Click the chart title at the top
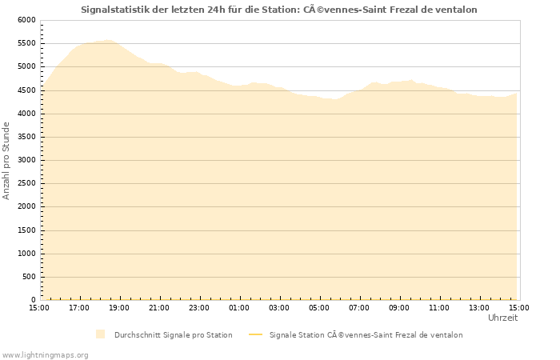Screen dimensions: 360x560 tap(279, 10)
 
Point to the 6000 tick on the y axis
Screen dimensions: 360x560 tap(26, 20)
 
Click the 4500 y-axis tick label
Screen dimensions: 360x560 tap(26, 90)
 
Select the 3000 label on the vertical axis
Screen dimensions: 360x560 tap(26, 160)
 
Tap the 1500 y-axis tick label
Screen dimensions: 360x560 tap(26, 230)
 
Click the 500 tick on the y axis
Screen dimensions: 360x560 tap(30, 277)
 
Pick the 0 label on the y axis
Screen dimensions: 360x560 tap(33, 300)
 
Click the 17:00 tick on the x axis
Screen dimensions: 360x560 tap(79, 308)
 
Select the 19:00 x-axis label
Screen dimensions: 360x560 tap(119, 308)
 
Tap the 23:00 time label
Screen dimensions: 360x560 tap(199, 308)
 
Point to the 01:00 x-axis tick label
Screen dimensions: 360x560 tap(239, 308)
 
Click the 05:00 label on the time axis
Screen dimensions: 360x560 tap(319, 308)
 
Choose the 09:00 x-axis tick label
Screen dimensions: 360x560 tap(399, 308)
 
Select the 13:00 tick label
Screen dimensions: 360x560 tap(479, 308)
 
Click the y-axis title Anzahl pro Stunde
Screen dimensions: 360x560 tap(7, 160)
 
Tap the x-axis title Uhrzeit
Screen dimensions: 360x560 tap(502, 318)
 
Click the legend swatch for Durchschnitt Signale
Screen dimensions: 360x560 tap(100, 334)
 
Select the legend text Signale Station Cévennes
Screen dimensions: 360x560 tap(366, 335)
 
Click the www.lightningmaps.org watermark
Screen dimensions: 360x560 tap(46, 354)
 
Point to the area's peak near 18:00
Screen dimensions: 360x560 tap(107, 40)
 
